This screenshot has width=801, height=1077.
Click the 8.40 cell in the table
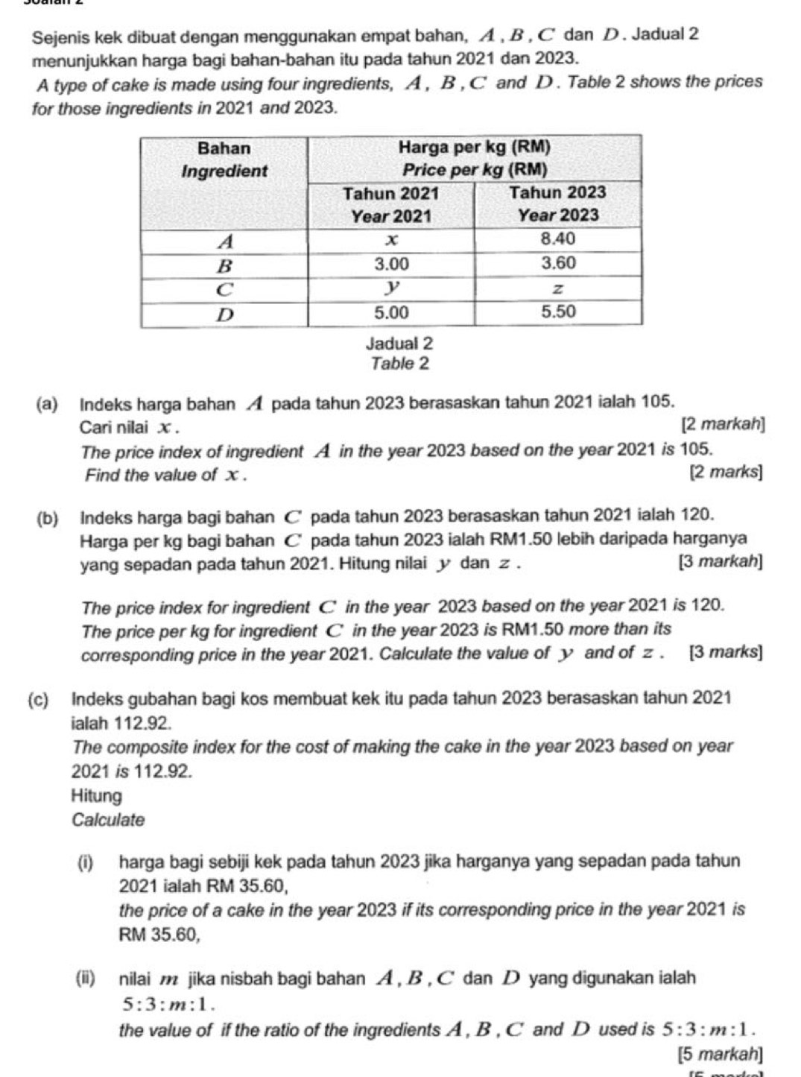pos(557,239)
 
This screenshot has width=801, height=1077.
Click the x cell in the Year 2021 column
pos(390,239)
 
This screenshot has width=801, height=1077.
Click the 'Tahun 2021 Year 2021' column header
pos(390,204)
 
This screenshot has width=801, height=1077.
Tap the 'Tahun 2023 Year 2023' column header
pos(557,204)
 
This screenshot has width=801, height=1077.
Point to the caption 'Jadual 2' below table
pos(399,344)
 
